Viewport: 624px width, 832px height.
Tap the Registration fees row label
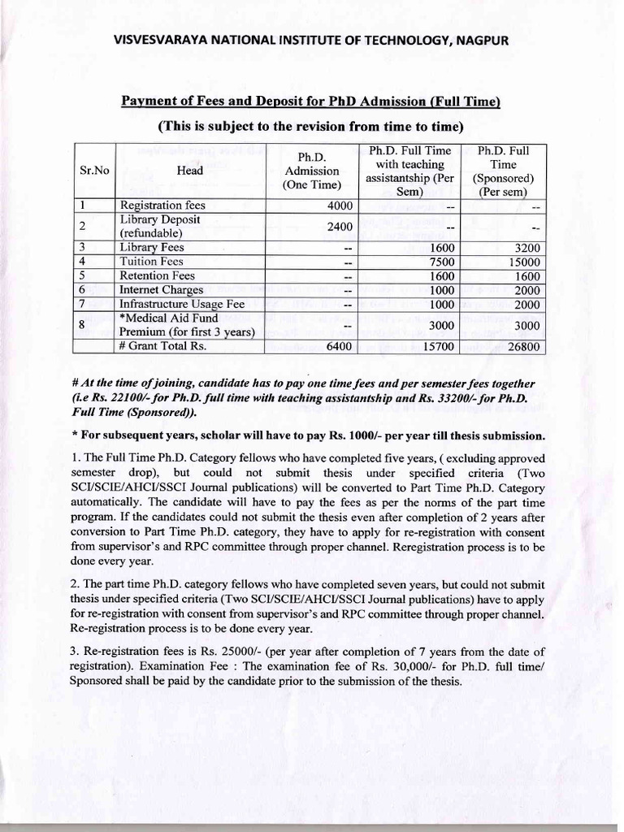162,206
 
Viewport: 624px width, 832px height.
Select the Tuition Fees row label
151,262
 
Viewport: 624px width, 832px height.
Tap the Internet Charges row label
161,289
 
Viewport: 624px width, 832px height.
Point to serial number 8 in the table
83,325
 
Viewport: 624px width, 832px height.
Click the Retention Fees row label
157,275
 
